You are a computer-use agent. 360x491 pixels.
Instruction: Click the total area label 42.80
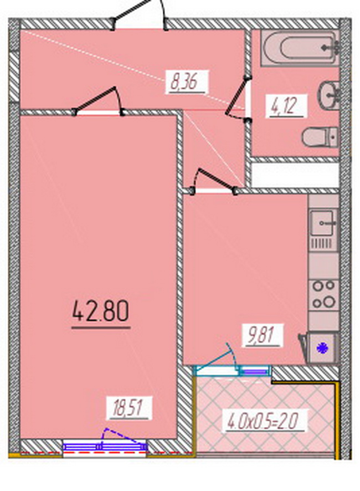click(x=101, y=311)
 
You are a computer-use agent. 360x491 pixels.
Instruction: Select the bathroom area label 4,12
click(x=284, y=105)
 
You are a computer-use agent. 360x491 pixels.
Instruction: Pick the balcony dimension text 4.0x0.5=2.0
click(x=263, y=421)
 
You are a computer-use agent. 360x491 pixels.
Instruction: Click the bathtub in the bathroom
click(x=300, y=48)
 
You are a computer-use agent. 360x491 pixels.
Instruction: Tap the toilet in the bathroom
click(x=320, y=137)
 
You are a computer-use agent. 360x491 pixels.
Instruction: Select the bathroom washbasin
click(x=329, y=94)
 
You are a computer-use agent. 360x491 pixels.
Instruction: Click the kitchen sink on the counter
click(x=322, y=223)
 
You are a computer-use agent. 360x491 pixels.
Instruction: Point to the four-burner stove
click(x=323, y=294)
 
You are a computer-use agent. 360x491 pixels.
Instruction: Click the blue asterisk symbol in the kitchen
click(x=321, y=348)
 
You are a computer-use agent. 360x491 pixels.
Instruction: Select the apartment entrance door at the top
click(x=140, y=16)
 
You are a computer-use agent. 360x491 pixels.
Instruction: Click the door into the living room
click(x=98, y=102)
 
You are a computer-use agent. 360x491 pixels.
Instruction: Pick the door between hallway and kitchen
click(x=214, y=182)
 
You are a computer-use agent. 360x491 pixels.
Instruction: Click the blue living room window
click(x=105, y=447)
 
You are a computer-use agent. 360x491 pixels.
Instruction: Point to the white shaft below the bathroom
click(x=295, y=175)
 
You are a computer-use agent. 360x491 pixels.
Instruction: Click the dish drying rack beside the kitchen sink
click(x=323, y=243)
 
